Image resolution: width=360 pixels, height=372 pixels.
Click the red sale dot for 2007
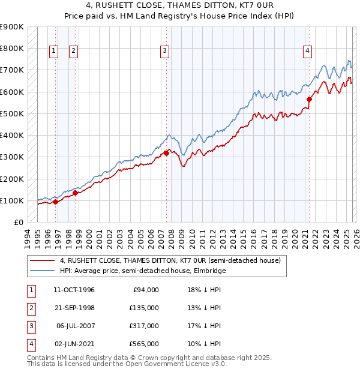click(166, 153)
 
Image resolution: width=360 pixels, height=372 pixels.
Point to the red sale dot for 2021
click(310, 99)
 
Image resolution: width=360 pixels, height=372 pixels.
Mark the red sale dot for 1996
click(56, 202)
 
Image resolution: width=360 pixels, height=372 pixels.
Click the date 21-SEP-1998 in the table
click(74, 307)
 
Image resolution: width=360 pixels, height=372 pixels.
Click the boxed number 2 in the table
click(30, 307)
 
